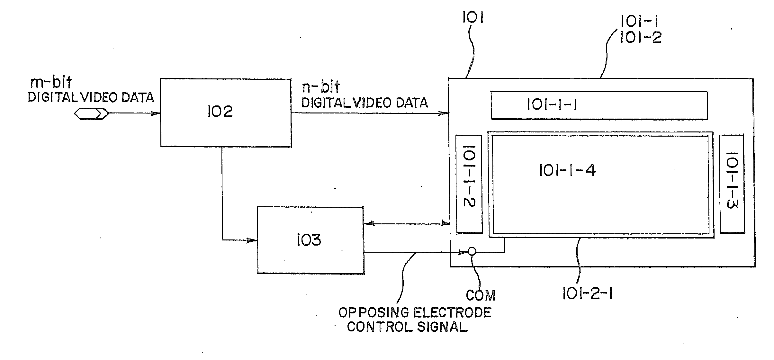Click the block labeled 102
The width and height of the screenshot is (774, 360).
tap(226, 113)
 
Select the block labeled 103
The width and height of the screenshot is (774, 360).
tap(310, 240)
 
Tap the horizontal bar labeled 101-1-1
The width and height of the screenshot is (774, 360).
tap(599, 105)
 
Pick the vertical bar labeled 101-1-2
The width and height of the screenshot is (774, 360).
tap(469, 184)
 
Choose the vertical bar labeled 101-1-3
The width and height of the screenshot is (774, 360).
tap(732, 184)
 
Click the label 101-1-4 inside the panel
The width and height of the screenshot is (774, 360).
tap(567, 170)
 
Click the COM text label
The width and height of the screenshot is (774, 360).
tap(481, 295)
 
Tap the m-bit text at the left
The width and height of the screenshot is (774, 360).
tap(50, 83)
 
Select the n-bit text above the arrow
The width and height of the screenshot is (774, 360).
tap(320, 87)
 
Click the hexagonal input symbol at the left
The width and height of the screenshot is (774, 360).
tap(91, 113)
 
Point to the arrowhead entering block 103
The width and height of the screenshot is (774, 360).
tap(252, 240)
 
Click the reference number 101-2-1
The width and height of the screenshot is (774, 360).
tap(587, 293)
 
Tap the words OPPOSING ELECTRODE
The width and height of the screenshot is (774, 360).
tap(415, 312)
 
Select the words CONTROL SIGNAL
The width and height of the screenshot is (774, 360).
tap(407, 327)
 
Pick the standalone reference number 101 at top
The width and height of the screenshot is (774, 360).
tap(473, 18)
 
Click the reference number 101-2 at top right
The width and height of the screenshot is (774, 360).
tap(641, 38)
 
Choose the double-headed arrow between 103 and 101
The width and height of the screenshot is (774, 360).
tap(407, 223)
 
